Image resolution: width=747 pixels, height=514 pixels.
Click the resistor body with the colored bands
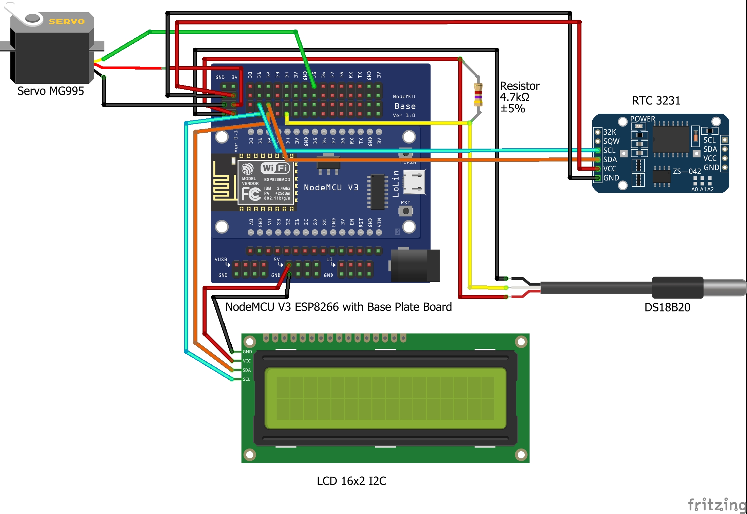478,95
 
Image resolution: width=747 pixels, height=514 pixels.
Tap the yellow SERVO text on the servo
66,21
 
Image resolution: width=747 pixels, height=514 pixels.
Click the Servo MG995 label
51,91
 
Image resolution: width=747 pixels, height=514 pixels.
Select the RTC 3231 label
656,101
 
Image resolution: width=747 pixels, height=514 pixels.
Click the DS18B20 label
667,307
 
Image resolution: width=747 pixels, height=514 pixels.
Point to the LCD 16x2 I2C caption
351,481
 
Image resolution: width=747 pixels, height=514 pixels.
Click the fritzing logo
716,505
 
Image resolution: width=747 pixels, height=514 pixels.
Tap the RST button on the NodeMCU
405,211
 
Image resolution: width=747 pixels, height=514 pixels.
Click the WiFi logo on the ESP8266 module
275,168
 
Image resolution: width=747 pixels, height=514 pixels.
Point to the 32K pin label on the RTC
609,132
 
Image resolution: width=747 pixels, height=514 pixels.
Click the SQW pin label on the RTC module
611,141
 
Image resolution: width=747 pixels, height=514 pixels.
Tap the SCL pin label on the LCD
247,379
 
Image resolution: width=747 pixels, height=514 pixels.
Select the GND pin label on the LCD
247,352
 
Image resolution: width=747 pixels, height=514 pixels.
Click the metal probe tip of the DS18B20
726,287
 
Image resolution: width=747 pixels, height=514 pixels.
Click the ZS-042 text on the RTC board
687,171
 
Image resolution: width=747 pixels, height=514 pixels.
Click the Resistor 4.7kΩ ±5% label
519,97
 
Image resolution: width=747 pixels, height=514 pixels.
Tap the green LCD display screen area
385,398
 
